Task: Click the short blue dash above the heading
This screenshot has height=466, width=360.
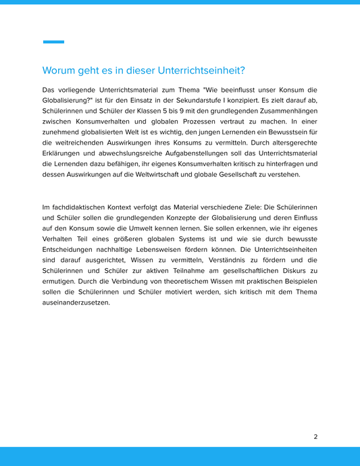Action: pyautogui.click(x=53, y=42)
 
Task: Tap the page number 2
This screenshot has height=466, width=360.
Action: pyautogui.click(x=315, y=436)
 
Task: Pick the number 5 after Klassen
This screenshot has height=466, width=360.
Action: pyautogui.click(x=161, y=113)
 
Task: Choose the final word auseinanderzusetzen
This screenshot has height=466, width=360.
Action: pyautogui.click(x=76, y=303)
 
